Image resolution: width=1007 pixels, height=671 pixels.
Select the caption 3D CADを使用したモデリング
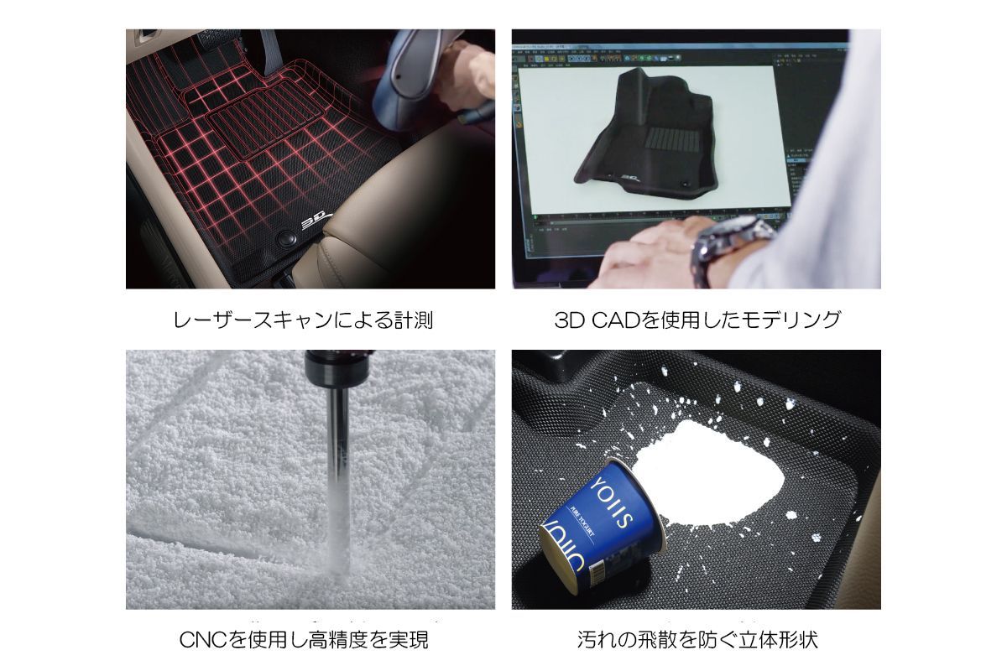(697, 320)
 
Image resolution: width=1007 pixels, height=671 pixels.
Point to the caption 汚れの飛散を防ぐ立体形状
(697, 641)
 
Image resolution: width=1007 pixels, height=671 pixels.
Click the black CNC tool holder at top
(336, 369)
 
